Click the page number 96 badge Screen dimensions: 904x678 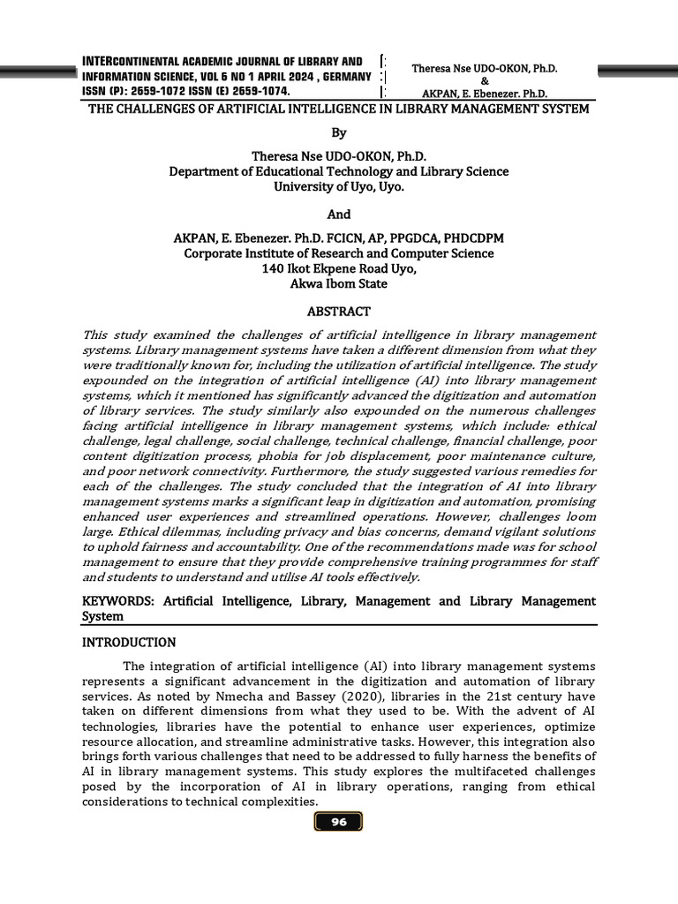click(x=339, y=822)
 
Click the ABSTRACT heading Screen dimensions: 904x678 click(x=339, y=312)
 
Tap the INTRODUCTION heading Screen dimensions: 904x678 click(x=129, y=642)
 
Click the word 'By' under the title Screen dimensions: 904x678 click(x=339, y=132)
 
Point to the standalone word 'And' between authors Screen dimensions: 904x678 click(x=339, y=214)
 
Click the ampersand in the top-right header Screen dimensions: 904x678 click(x=484, y=80)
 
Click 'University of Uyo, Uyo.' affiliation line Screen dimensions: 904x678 click(x=339, y=186)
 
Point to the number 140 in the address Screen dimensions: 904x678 click(x=273, y=268)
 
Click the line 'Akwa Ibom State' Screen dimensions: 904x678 click(x=339, y=283)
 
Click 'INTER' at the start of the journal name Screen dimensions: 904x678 click(x=97, y=61)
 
